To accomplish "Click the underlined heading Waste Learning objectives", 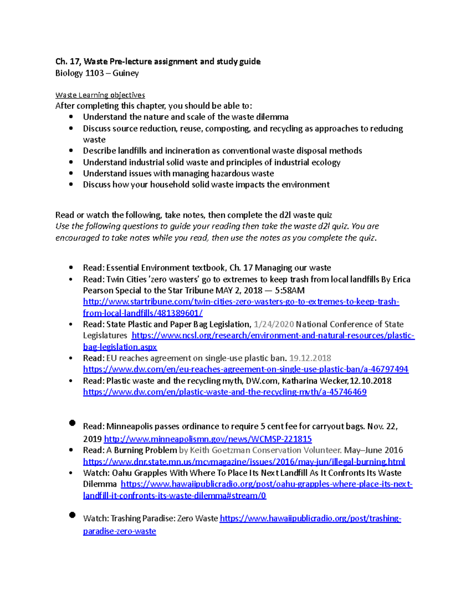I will click(100, 95).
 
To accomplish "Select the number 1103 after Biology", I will click(94, 73).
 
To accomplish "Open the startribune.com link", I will click(241, 302).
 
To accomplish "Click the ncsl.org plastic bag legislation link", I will click(273, 335).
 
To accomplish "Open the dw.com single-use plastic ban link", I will click(246, 369).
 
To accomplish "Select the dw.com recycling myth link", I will click(225, 392).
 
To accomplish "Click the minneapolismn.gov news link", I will click(208, 439).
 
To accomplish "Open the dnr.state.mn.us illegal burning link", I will click(244, 462).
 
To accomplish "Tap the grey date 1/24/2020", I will click(274, 324).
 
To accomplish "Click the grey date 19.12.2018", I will click(310, 358).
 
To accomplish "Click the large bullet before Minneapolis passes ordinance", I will click(72, 423).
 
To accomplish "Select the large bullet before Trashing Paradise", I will click(72, 515).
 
